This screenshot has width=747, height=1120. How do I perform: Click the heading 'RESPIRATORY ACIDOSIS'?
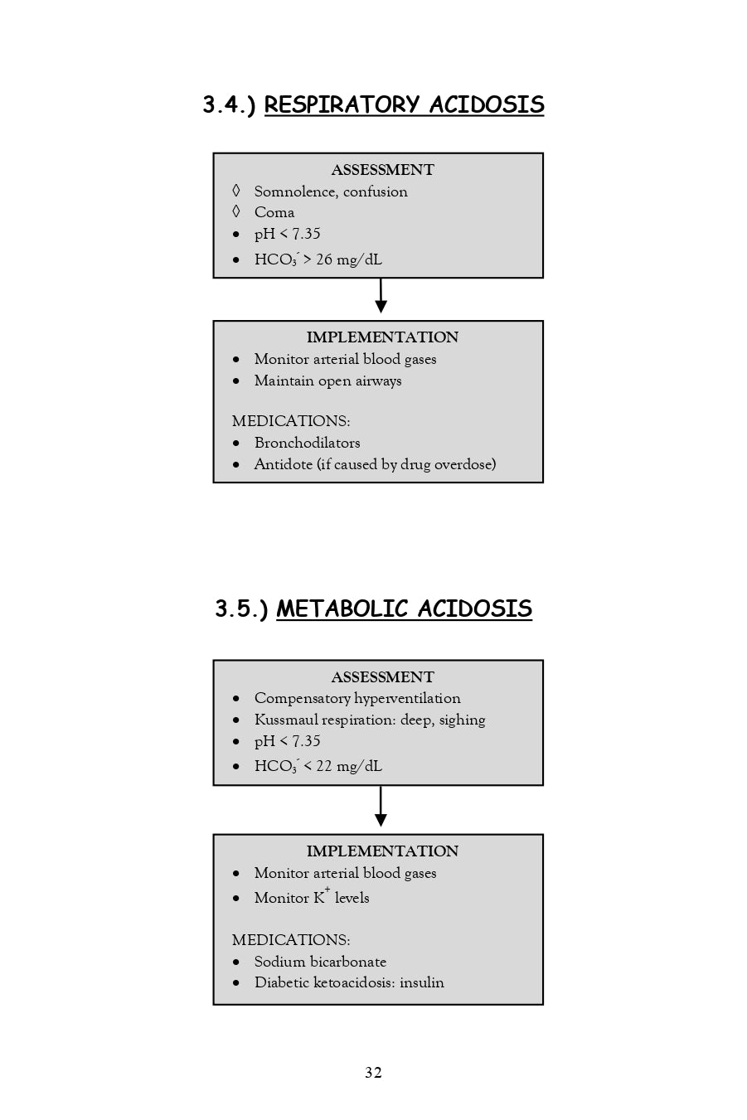(404, 105)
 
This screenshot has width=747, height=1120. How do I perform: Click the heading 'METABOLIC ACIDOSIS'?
(404, 609)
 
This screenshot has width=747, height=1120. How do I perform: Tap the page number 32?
(373, 1073)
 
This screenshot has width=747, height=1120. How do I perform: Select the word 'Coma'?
(274, 212)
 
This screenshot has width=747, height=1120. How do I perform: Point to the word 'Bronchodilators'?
(307, 443)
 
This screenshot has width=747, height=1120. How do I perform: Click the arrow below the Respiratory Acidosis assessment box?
(381, 298)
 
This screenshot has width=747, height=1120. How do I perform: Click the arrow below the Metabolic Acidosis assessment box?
(381, 808)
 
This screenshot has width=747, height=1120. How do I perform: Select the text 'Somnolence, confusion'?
(331, 192)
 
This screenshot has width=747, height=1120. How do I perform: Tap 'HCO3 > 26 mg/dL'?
(318, 259)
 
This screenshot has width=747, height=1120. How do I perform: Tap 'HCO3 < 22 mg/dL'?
(318, 766)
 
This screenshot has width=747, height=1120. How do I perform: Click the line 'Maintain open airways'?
(327, 381)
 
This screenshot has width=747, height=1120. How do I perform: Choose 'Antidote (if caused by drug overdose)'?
(375, 464)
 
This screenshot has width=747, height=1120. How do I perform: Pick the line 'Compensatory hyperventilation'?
(357, 698)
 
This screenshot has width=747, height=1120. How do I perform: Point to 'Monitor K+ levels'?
(312, 898)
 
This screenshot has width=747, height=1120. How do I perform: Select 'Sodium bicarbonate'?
(320, 962)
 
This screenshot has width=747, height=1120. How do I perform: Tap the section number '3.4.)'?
(229, 105)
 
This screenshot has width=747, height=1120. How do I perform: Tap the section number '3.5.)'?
(241, 609)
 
